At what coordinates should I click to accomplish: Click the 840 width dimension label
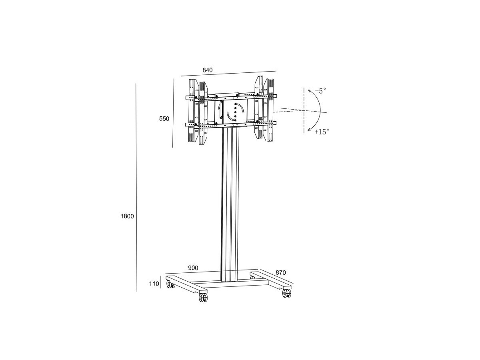point(207,70)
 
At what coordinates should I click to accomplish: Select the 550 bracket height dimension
point(164,119)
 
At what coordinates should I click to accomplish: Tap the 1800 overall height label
point(127,216)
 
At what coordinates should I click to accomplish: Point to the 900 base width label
point(193,268)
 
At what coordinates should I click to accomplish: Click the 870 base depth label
point(280,273)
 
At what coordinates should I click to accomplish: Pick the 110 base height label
point(154,284)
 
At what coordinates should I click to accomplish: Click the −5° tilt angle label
point(320,91)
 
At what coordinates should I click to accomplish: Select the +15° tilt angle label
point(322,132)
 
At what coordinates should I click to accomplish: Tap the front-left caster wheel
point(203,298)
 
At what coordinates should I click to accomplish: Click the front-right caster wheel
point(287,293)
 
